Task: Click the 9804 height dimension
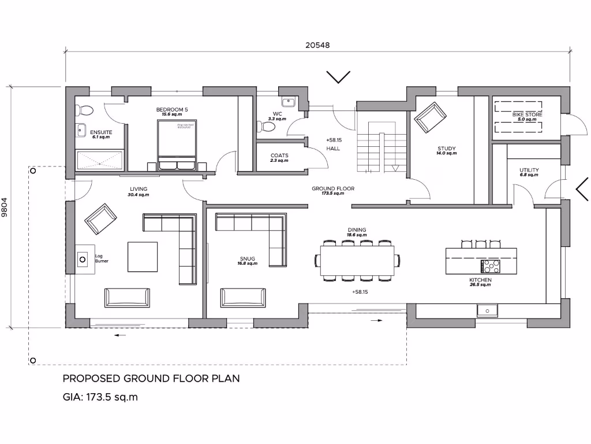pos(5,206)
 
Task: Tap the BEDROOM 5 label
pos(172,109)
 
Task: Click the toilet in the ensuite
pos(84,110)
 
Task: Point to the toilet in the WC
pos(267,125)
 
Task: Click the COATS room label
pos(279,156)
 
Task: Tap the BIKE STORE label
pos(527,115)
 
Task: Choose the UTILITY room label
pos(529,170)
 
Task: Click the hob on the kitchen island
pos(491,265)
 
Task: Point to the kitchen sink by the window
pos(488,310)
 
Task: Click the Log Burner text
pos(102,258)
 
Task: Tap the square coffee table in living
pos(142,256)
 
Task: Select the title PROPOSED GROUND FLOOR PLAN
pos(151,379)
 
